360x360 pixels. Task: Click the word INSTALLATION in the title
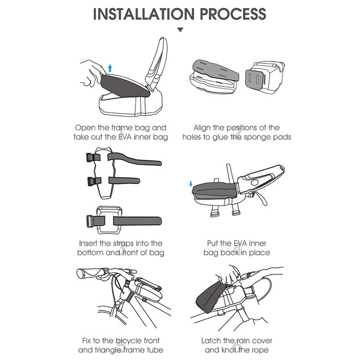144,14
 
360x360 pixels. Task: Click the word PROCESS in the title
233,14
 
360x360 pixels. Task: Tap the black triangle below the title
180,30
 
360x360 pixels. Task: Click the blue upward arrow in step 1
110,68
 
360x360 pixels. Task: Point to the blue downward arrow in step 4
190,184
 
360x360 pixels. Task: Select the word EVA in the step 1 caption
125,137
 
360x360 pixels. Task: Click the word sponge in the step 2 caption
254,137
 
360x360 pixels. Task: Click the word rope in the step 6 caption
260,351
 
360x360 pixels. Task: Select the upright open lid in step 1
157,62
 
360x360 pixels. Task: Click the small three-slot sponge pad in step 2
254,79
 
